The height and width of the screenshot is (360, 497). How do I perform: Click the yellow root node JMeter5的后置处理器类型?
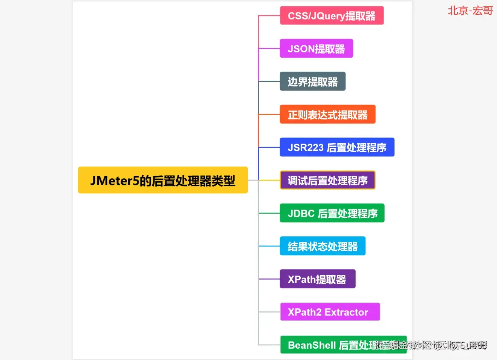(x=163, y=180)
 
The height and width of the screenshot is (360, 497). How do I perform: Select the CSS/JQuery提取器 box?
(x=332, y=15)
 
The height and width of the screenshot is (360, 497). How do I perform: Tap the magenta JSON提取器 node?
(x=316, y=49)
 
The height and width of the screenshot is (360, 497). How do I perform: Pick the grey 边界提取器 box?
(x=312, y=81)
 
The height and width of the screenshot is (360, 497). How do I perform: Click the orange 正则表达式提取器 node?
(x=327, y=114)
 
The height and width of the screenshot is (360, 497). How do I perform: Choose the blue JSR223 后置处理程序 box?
(x=337, y=147)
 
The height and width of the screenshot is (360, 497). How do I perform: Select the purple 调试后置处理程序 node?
(x=327, y=180)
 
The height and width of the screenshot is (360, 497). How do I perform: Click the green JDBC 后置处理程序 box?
(x=332, y=213)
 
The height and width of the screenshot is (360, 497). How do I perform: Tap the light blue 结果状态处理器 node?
(x=323, y=246)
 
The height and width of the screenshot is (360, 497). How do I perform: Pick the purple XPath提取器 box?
(x=317, y=279)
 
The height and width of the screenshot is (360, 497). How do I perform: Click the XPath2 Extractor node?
(x=330, y=312)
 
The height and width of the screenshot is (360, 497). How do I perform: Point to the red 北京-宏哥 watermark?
(x=470, y=11)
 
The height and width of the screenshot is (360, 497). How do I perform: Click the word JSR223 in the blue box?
(x=306, y=147)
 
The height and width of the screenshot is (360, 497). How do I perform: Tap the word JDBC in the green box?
(x=301, y=213)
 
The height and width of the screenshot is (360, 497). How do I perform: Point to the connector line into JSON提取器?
(x=269, y=49)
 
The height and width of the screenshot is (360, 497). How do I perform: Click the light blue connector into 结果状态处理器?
(x=269, y=246)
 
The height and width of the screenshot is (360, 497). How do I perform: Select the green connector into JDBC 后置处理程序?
(x=269, y=213)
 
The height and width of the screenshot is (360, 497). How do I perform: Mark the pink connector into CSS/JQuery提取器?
(x=269, y=16)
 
